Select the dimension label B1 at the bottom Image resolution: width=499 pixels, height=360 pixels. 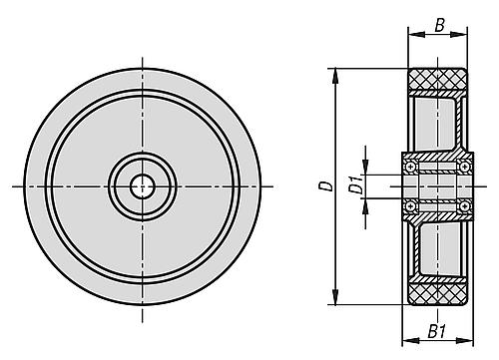point(435,333)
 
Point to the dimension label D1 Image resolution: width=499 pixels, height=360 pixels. point(353,185)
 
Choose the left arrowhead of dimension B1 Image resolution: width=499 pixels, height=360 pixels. point(405,319)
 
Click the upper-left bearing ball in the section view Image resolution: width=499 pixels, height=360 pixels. point(409,165)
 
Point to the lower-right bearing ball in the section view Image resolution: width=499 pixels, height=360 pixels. point(465,206)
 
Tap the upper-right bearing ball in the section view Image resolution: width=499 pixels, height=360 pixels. point(465,165)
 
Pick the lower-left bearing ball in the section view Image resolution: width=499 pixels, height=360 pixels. point(409,206)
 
